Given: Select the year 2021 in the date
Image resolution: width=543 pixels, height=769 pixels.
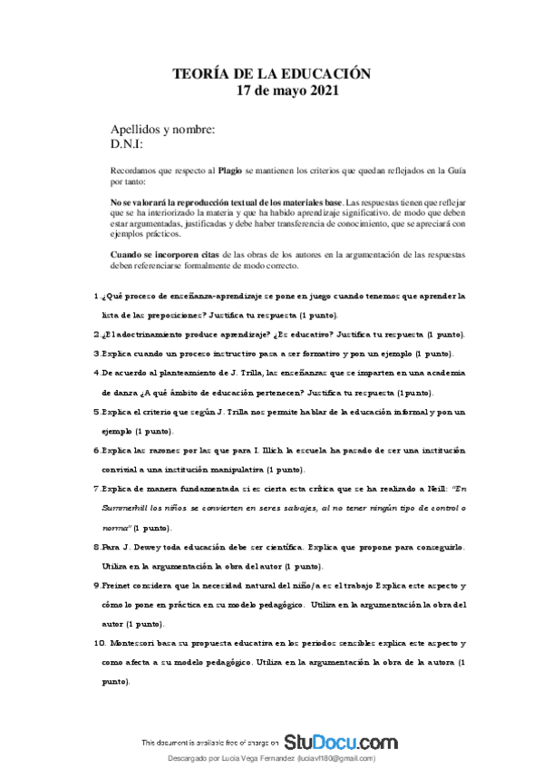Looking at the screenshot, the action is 323,90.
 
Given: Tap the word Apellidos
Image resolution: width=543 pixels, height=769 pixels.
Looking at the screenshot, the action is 138,129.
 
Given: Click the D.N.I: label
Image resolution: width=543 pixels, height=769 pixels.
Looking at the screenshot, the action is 126,143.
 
